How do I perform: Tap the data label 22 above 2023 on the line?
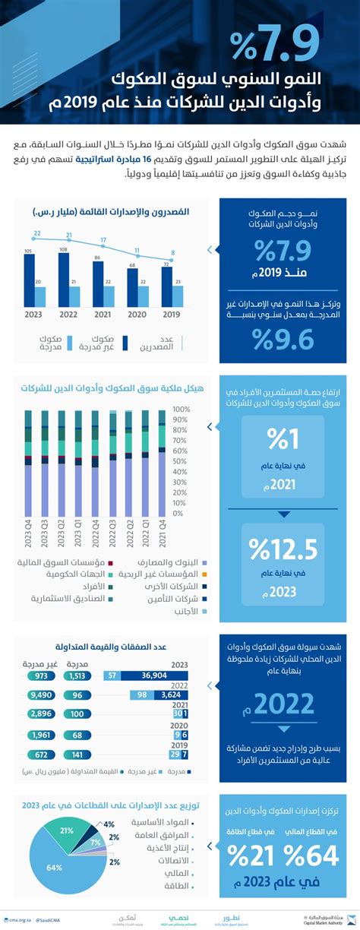(x=36, y=233)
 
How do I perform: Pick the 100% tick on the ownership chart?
(x=182, y=409)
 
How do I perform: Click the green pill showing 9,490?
(x=39, y=694)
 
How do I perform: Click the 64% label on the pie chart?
(x=53, y=868)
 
